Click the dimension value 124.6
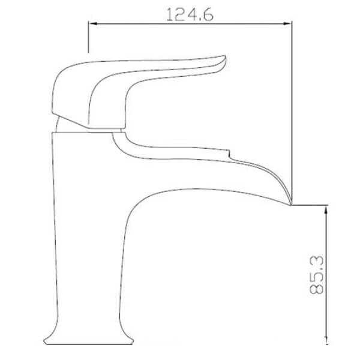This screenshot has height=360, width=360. tap(190, 14)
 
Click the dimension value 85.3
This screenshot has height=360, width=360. tap(316, 275)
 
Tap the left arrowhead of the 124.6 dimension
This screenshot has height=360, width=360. tap(92, 23)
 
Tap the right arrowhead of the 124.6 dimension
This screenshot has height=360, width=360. tap(287, 23)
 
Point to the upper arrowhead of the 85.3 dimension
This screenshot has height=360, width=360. tap(326, 210)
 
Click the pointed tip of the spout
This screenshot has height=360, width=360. tap(290, 205)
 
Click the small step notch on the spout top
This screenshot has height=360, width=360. tap(229, 154)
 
